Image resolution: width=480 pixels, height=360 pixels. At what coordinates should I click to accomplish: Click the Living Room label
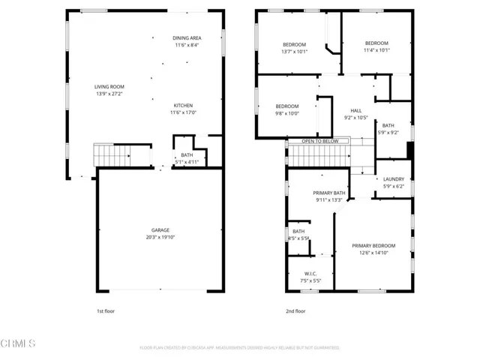(x=109, y=86)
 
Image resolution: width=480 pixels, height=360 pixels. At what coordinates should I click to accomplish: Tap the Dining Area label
(x=186, y=37)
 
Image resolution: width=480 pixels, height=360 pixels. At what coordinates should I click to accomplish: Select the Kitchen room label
(x=184, y=106)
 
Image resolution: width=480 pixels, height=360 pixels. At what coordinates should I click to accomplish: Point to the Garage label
(x=159, y=230)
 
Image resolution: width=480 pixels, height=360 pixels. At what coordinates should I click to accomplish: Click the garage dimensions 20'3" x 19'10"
(x=159, y=237)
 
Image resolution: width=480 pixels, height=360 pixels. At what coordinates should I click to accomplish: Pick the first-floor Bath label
(x=186, y=154)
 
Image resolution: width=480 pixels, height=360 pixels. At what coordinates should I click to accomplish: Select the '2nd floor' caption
(x=295, y=310)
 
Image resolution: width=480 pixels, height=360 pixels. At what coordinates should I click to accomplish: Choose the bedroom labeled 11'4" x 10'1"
(x=376, y=43)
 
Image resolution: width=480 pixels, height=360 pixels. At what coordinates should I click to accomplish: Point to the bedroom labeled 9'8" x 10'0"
(x=287, y=106)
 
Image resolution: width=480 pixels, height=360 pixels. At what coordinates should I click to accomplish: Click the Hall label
(x=355, y=110)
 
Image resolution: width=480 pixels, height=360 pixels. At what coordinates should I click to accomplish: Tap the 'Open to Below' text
(x=320, y=141)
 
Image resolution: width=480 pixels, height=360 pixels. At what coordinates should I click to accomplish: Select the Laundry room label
(x=393, y=179)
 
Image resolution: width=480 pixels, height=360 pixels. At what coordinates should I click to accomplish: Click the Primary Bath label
(x=329, y=193)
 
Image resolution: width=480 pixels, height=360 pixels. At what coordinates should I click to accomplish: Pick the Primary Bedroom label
(x=373, y=246)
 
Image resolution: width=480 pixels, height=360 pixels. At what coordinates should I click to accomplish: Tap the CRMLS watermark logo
(x=18, y=343)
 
